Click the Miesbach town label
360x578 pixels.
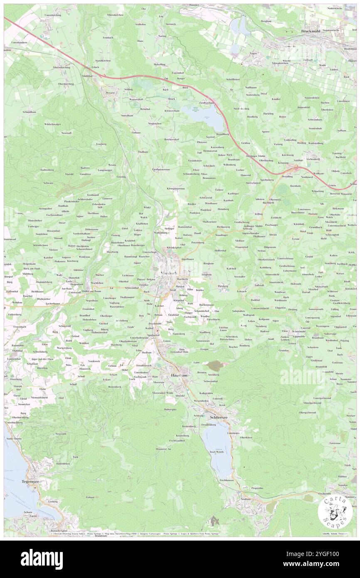tap(169, 273)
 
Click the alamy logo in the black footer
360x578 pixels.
tap(42, 559)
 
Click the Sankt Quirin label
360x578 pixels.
tap(12, 438)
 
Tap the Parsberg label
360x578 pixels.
tap(223, 286)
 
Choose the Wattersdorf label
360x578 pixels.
tap(136, 99)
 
